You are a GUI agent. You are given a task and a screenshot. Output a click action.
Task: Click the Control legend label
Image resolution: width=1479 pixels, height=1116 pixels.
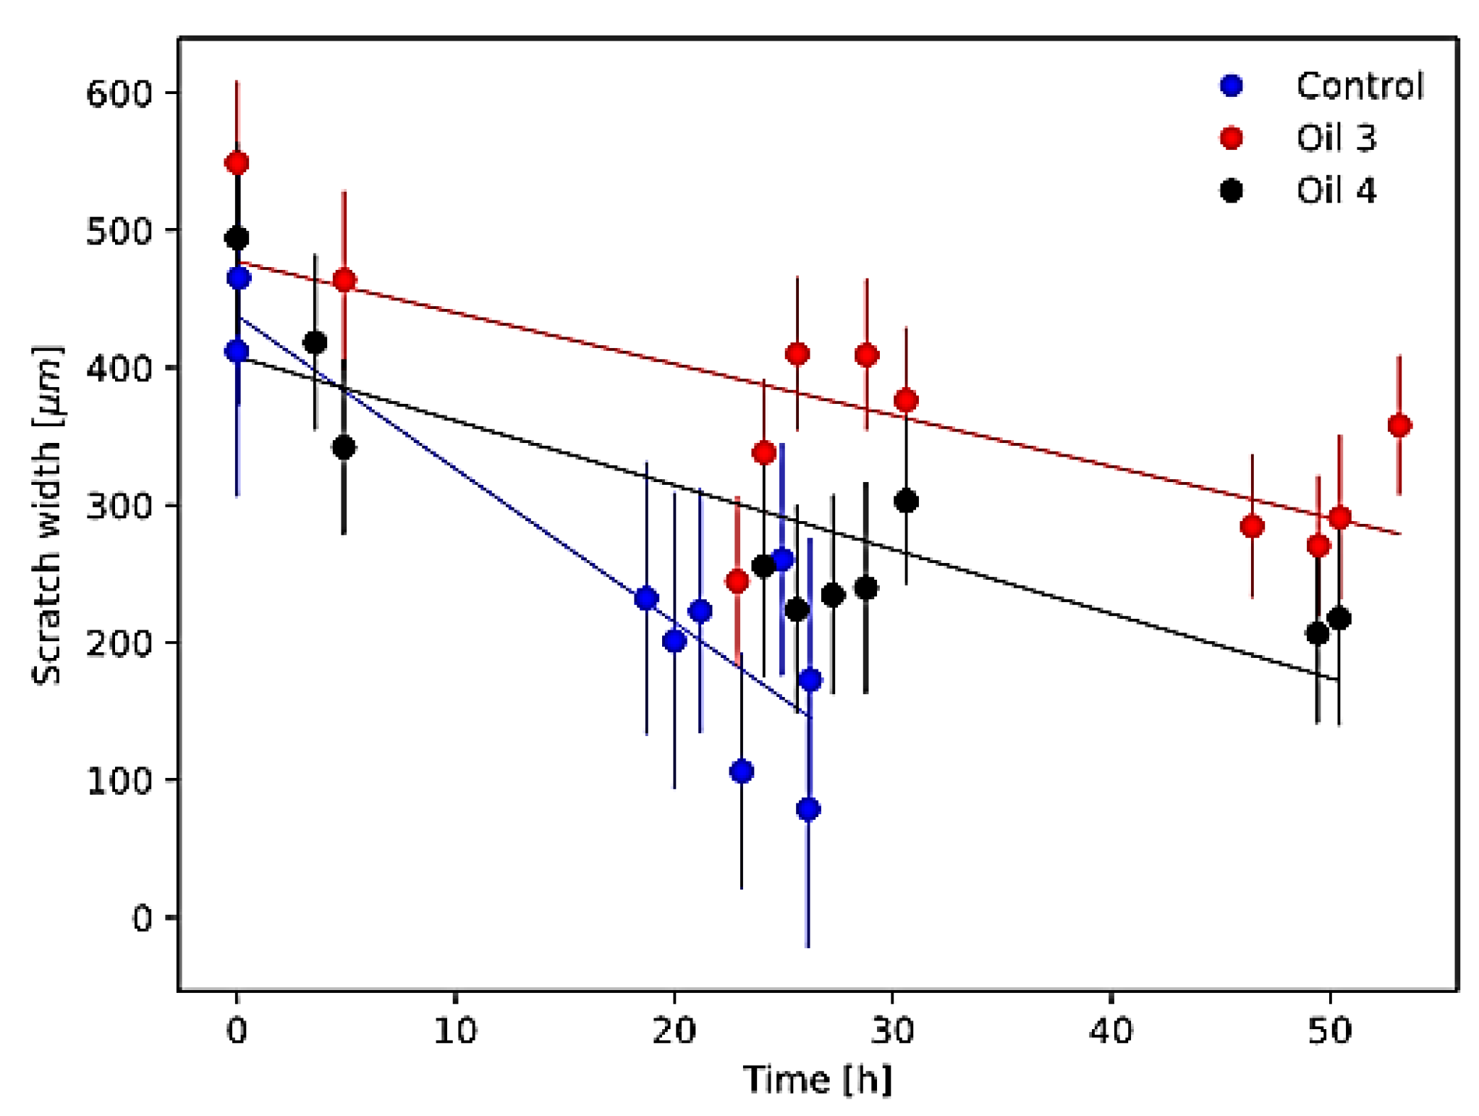coord(1359,86)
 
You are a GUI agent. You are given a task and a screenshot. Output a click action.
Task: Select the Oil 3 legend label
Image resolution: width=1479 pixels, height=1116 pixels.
coord(1336,138)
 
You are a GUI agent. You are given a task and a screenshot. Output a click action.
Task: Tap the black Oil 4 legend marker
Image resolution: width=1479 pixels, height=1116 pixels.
coord(1231,190)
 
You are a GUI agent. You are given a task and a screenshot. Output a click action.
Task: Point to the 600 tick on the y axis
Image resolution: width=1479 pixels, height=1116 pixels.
coord(119,93)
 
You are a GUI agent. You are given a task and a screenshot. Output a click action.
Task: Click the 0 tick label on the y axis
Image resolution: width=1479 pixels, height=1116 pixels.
coord(142,918)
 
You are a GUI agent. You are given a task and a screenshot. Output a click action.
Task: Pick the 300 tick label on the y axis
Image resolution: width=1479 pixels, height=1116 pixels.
coord(119,505)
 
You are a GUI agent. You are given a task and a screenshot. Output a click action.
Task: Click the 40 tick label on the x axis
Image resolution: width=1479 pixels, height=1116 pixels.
coord(1111,1031)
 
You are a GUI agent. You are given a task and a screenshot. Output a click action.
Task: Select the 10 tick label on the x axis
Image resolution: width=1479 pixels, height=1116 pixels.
coord(455,1031)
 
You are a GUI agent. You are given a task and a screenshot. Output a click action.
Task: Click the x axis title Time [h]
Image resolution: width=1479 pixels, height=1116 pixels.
coord(818,1080)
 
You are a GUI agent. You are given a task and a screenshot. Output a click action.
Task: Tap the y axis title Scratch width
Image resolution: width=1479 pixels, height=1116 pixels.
coord(47,515)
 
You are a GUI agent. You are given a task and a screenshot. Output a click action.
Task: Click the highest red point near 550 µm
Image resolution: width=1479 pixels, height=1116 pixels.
coord(237,163)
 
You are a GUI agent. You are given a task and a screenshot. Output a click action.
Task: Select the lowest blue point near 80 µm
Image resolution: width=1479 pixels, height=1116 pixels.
coord(808,809)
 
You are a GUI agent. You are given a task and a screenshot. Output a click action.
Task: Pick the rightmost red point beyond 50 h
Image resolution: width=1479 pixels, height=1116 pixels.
coord(1399,426)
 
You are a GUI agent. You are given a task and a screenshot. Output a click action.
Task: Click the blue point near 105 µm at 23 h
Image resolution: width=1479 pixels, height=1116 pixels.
coord(741,772)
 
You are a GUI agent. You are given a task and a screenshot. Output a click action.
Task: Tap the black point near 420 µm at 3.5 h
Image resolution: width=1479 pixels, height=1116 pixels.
coord(315,342)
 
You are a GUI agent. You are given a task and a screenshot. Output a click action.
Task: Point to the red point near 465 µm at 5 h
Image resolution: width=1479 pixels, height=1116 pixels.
coord(344,280)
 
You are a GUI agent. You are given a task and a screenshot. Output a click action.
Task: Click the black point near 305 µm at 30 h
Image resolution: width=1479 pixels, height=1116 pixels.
coord(906,501)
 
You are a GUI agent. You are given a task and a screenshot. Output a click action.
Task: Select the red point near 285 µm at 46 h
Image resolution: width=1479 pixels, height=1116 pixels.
coord(1252,526)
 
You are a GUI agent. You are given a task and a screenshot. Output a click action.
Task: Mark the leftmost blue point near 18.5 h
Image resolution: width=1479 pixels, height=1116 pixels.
coord(646,599)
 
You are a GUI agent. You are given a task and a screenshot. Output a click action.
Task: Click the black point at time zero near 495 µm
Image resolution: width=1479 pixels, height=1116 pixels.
coord(237,238)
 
